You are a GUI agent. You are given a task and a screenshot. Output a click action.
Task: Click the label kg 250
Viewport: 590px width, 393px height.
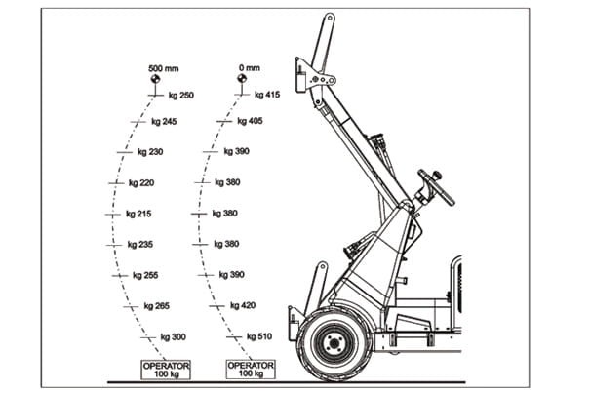coord(181,96)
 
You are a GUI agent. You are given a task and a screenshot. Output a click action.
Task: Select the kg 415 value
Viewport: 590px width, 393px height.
coord(267,95)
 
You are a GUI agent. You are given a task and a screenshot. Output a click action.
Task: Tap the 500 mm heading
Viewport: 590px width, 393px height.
coord(163,68)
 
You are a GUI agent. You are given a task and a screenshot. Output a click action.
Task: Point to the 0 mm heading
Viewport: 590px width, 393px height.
coord(249,67)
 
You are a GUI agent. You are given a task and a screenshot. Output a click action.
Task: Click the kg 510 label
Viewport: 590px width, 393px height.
coord(259,336)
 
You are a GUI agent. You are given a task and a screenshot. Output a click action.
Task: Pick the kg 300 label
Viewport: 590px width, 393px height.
coord(173,336)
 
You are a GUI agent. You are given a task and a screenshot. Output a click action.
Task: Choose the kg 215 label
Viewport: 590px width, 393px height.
coord(138,214)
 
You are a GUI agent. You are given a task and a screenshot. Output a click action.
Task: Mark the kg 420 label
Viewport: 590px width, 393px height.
coord(243,305)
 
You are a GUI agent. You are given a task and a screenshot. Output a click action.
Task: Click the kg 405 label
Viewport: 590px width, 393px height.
coord(250,121)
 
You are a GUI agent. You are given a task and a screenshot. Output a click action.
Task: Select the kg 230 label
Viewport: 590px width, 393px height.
coord(150,152)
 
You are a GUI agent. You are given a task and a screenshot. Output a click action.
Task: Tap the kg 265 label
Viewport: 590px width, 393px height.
coord(157,306)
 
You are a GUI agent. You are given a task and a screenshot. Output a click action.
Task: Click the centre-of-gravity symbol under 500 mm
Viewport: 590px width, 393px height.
coord(155,79)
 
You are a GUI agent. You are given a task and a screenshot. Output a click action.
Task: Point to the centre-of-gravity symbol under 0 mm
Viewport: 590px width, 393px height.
coord(242,79)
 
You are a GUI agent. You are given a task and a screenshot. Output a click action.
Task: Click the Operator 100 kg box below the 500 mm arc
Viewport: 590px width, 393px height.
coord(166,370)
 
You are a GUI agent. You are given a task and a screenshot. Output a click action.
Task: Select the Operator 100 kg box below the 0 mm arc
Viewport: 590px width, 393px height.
coord(251,370)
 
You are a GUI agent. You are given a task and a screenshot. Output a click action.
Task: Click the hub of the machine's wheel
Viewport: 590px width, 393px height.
coord(334,343)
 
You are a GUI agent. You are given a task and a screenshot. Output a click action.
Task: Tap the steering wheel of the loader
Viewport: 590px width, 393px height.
coord(437,187)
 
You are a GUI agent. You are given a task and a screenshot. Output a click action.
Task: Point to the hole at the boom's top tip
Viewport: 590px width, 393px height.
coord(330,18)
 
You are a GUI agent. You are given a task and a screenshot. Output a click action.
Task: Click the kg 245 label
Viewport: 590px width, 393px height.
coord(164,122)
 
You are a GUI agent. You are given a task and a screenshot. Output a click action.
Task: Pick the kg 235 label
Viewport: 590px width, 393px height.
coord(140,245)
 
